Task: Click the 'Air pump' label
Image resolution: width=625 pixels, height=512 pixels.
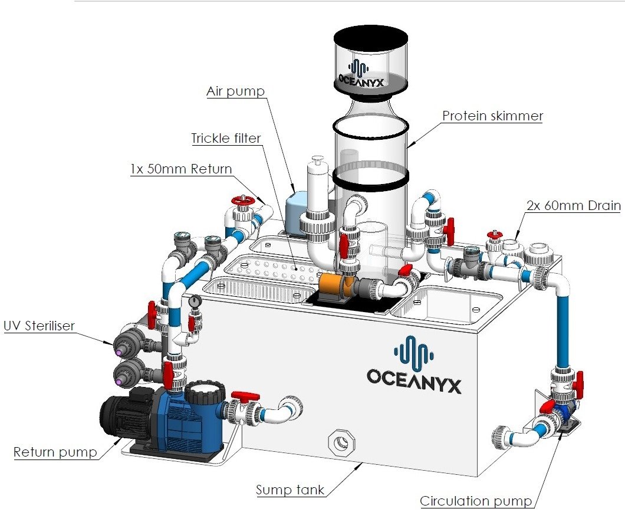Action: [x=235, y=92]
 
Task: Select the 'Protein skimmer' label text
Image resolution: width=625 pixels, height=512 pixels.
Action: [x=492, y=116]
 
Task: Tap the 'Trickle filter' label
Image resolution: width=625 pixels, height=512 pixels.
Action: [x=226, y=139]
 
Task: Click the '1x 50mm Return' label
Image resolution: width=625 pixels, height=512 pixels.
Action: [x=181, y=169]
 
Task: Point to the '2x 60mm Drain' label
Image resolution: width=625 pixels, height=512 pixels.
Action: [x=573, y=205]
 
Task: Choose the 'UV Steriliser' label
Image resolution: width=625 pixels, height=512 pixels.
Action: [x=40, y=326]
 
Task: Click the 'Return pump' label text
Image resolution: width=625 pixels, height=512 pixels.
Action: [x=55, y=452]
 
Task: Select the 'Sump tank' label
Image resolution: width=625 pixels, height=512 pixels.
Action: [x=290, y=489]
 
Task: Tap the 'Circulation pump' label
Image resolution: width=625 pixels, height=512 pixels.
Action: [x=476, y=501]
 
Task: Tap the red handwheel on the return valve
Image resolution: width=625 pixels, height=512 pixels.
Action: [x=242, y=201]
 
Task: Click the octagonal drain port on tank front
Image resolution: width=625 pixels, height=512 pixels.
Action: [x=340, y=441]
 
